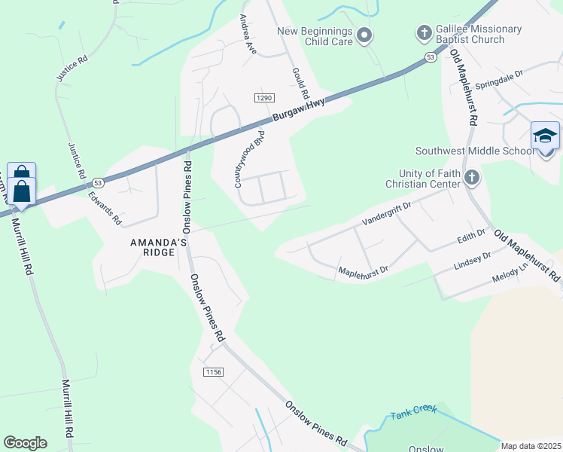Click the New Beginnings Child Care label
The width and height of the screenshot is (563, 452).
pos(315,35)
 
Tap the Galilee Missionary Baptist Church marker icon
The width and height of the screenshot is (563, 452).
pos(424,34)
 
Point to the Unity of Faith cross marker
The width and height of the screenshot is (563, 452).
pos(472,178)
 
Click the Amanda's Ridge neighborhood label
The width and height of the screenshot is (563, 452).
pos(158,247)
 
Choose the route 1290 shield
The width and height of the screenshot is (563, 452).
pos(263,98)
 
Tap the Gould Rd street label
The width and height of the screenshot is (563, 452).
pos(300,82)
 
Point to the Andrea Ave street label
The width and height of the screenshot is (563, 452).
pos(248,34)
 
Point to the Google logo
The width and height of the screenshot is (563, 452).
pos(25,443)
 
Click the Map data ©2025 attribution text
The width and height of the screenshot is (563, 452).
pos(531,446)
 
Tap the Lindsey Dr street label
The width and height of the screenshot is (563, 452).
pos(473,262)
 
